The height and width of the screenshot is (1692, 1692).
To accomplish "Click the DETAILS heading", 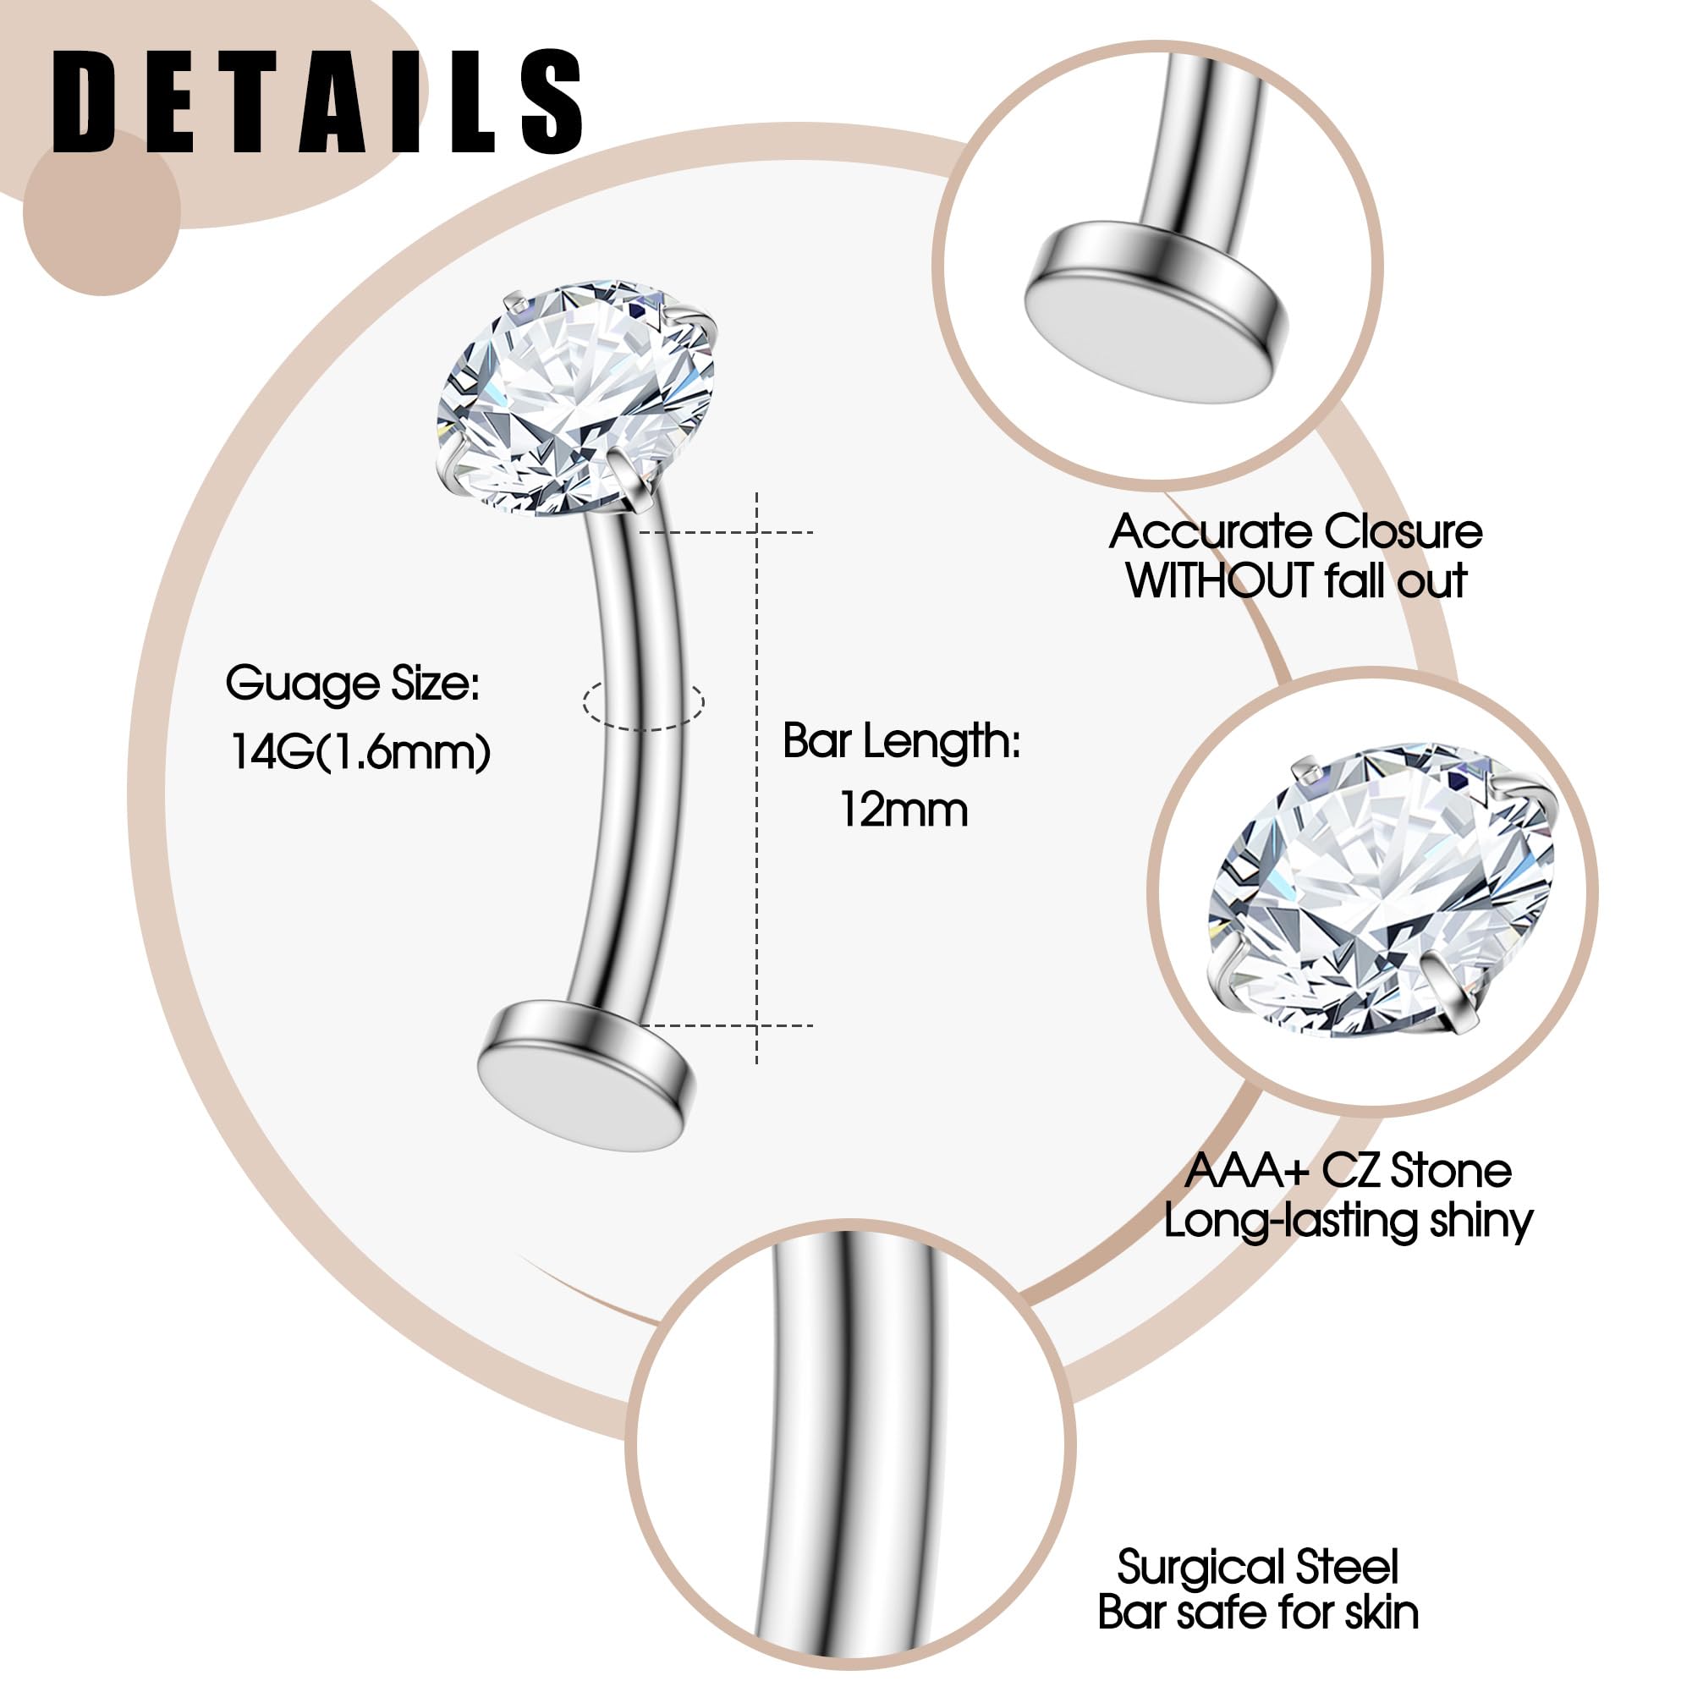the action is [x=318, y=103].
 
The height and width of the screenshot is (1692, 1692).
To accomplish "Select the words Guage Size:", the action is [x=353, y=684].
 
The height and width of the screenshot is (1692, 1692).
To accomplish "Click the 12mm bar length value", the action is [x=904, y=810].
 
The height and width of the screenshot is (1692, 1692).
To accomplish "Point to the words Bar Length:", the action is [x=902, y=741].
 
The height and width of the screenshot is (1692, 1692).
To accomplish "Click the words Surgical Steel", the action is [x=1258, y=1567].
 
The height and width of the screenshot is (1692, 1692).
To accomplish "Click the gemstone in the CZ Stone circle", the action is [x=1379, y=893].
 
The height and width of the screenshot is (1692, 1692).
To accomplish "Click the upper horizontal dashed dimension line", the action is [x=727, y=531].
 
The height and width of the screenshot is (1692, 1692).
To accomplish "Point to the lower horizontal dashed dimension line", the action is [x=727, y=1025].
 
